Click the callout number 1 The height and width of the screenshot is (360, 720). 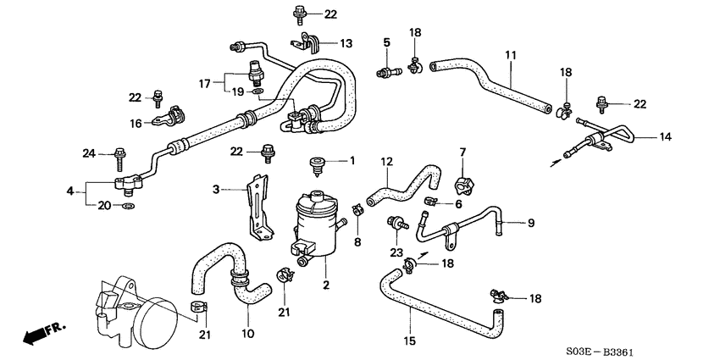pos(353,161)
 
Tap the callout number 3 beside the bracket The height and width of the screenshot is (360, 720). pos(216,189)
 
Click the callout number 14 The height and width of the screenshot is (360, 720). pos(665,136)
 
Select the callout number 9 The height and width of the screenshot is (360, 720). pos(531,223)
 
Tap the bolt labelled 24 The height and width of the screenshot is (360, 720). pos(119,155)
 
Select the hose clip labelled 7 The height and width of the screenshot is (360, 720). pos(464,183)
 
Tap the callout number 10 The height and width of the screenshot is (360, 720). pos(248,334)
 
